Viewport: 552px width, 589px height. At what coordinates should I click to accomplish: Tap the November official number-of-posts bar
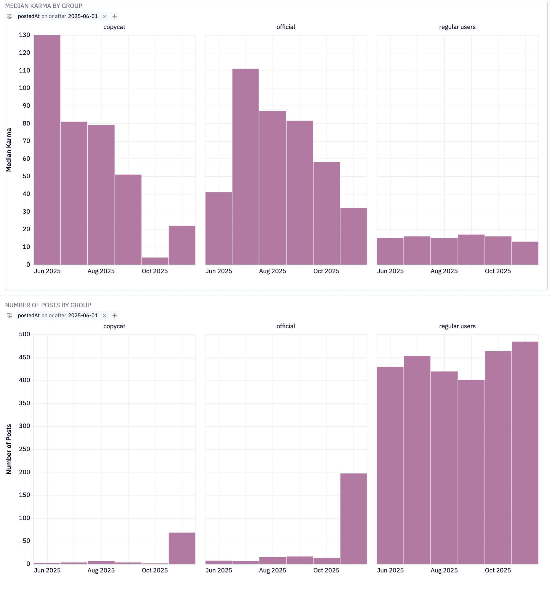[353, 518]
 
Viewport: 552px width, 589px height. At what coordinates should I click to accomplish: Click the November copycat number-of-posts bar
[182, 548]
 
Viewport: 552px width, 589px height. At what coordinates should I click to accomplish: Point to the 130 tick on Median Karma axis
[25, 35]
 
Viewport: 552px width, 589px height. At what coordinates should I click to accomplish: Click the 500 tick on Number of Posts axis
[25, 334]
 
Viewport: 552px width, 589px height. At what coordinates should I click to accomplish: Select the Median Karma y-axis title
[9, 150]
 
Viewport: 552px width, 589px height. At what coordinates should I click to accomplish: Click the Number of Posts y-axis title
[9, 449]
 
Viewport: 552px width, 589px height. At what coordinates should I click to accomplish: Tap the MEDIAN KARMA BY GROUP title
[44, 6]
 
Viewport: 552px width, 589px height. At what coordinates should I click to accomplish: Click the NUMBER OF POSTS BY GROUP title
[48, 305]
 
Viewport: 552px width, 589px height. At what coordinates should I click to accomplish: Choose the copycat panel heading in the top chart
[114, 27]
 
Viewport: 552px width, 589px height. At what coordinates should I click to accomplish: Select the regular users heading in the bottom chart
[457, 326]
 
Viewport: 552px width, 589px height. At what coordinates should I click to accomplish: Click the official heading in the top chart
[286, 27]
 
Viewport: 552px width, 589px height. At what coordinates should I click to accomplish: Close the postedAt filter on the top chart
[104, 16]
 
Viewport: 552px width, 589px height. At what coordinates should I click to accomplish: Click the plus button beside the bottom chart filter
[115, 316]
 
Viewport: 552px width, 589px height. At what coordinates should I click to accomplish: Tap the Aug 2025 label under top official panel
[272, 271]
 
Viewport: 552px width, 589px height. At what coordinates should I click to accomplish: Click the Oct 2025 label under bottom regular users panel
[498, 570]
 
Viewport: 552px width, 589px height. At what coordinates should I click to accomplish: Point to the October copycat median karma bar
[155, 261]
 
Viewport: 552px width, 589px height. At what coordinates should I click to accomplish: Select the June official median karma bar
[219, 228]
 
